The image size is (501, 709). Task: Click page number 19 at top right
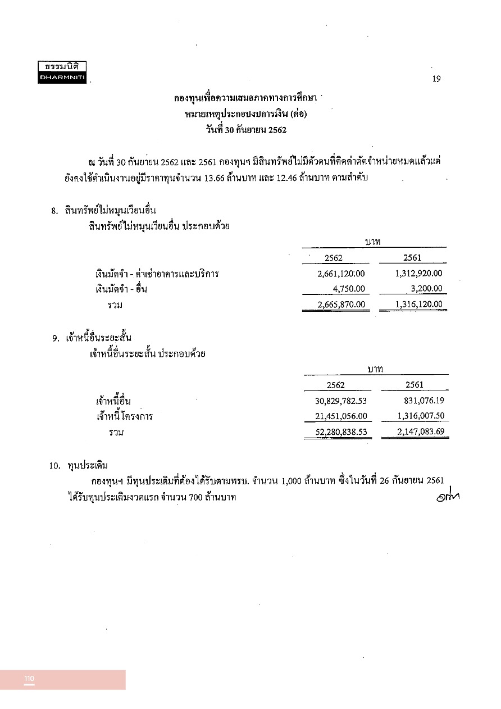[x=436, y=79]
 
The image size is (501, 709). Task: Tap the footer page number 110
[x=29, y=679]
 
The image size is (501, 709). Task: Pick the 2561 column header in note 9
[x=414, y=385]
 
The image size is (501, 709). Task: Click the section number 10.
[x=54, y=466]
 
